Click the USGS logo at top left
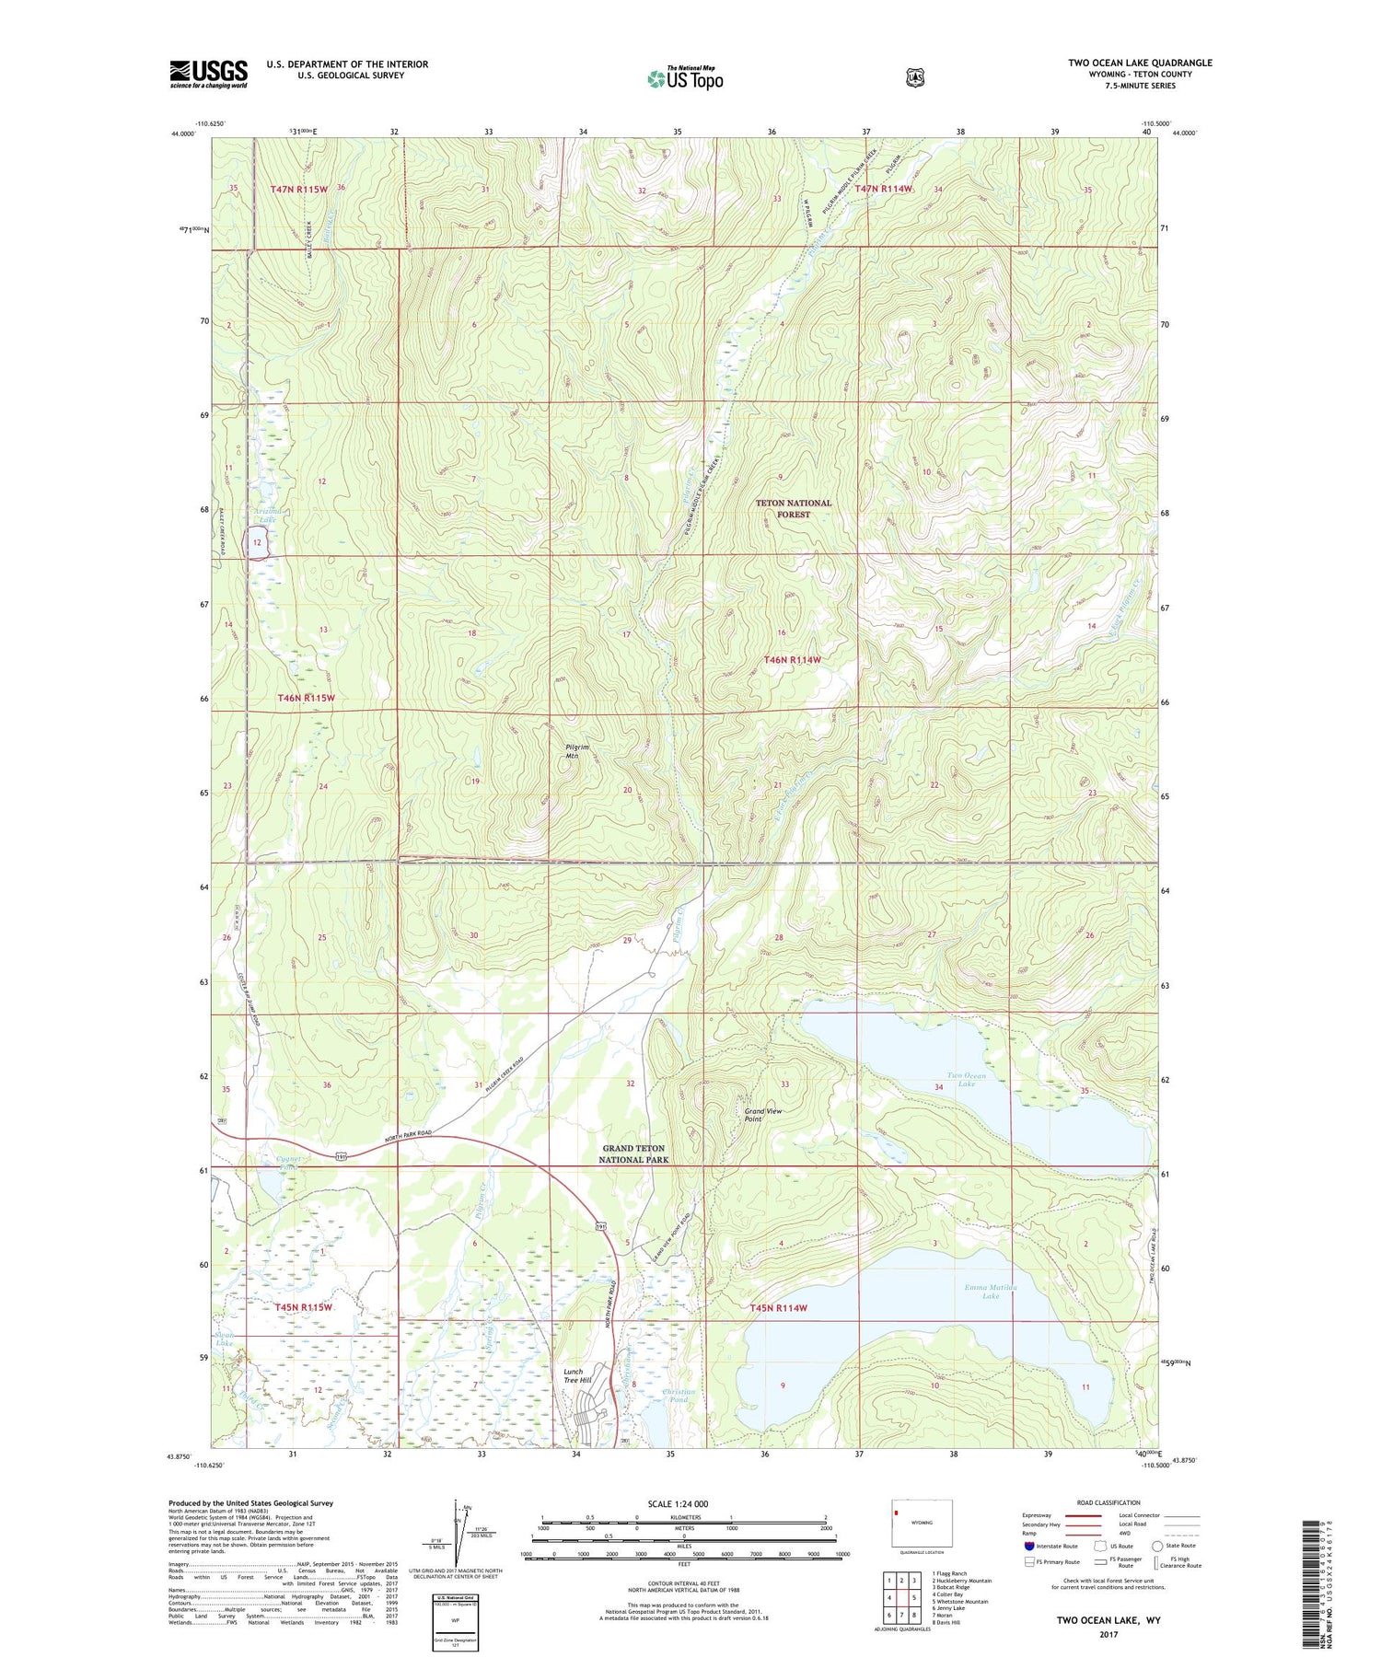(208, 74)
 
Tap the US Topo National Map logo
(685, 78)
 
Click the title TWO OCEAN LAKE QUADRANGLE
(1140, 63)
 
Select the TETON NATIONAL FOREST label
(793, 508)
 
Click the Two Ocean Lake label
(966, 1079)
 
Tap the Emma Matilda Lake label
(991, 1292)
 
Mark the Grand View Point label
(763, 1115)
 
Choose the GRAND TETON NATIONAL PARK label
(633, 1153)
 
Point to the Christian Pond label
(679, 1396)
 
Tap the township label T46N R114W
(791, 659)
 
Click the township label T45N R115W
(302, 1307)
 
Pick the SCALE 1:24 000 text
(679, 1503)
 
